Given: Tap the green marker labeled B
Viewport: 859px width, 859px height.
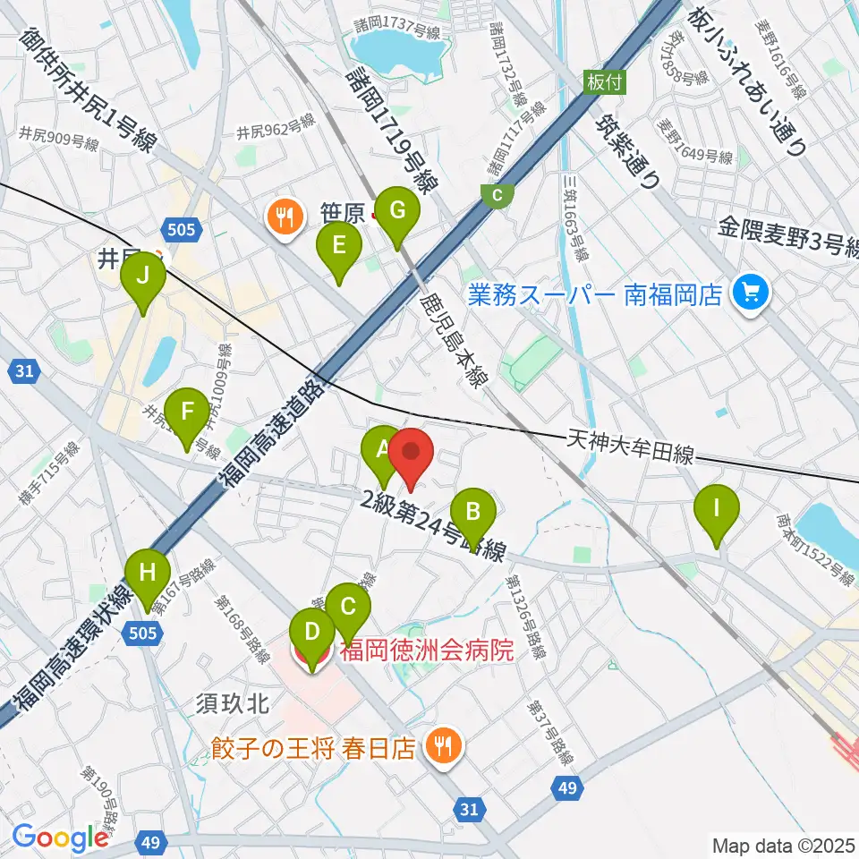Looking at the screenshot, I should coord(472,512).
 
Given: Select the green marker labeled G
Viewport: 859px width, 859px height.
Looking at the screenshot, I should coord(395,212).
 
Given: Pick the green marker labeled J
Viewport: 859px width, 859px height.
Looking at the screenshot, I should coord(142,277).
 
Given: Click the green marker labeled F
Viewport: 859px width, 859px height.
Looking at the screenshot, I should coord(187,412).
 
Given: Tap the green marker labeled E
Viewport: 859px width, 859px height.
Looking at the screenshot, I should coord(338,246).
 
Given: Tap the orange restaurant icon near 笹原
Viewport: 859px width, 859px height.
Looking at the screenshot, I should coord(285,217).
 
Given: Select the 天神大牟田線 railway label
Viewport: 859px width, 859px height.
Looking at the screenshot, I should coord(632,447).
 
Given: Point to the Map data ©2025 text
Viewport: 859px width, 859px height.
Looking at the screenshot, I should coord(784,844).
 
